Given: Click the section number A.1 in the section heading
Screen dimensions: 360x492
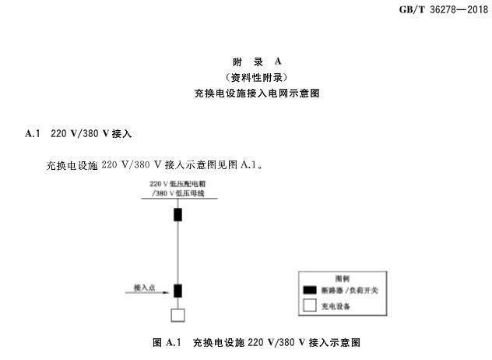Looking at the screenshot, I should pos(32,133).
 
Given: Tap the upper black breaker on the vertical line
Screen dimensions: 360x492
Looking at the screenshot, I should pos(178,214).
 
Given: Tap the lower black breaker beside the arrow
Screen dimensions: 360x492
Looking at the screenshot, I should pos(178,291).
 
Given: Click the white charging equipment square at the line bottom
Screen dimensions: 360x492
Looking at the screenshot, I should pos(178,315).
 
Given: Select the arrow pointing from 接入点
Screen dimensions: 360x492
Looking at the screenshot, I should pos(149,294).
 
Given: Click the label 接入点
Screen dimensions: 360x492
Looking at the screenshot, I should pos(144,288).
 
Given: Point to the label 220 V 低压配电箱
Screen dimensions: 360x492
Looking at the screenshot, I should pos(177,183).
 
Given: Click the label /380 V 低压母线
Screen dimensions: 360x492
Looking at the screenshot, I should pos(177,192).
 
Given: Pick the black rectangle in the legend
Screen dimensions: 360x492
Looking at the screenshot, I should pos(309,290).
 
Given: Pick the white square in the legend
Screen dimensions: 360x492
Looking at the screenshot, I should pos(309,306).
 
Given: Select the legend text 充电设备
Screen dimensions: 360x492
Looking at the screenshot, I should pos(336,306).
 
